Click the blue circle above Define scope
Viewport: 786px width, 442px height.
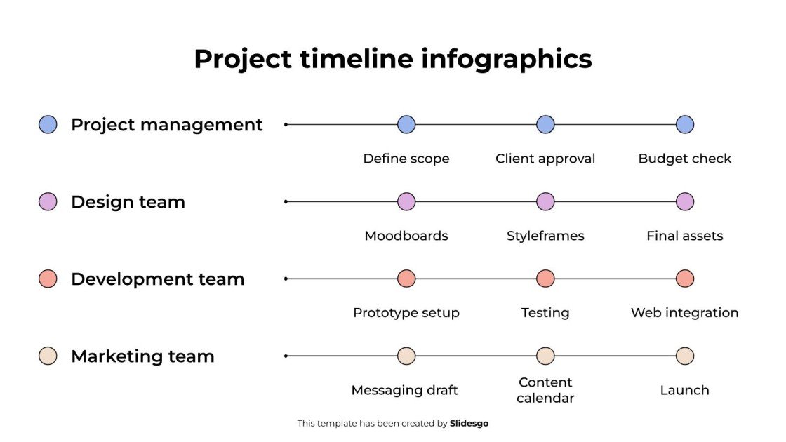tap(406, 125)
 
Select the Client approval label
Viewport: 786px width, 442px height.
tap(545, 159)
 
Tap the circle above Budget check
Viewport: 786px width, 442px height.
tap(685, 125)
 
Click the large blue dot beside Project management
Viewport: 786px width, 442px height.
tap(48, 125)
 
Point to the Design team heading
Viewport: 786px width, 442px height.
tap(128, 202)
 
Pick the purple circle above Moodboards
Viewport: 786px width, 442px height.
tap(406, 202)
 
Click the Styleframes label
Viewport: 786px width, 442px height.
tap(545, 236)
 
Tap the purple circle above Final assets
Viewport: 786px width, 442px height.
tap(685, 202)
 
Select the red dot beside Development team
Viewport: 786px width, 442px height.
tap(48, 279)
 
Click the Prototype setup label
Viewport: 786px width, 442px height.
tap(406, 313)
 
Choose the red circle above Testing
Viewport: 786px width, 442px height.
tap(545, 279)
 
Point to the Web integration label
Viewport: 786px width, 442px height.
tap(685, 313)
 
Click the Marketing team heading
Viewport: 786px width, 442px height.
tap(142, 356)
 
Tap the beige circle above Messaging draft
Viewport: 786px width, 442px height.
tap(406, 356)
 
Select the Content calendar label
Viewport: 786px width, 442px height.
tap(545, 390)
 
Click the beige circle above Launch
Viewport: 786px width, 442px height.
tap(685, 356)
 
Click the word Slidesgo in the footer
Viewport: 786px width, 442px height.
tap(469, 424)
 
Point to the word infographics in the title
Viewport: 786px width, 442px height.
tap(507, 59)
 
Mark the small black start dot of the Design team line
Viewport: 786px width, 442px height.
tap(286, 202)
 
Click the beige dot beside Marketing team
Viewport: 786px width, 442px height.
tap(48, 356)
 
